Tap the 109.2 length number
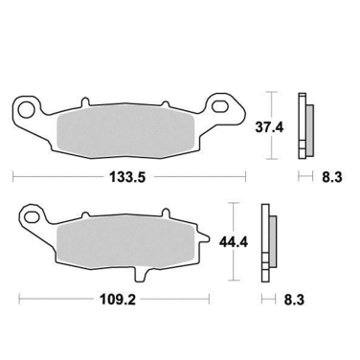[112, 300]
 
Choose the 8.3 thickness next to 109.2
[294, 300]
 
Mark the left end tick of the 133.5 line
[13, 176]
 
